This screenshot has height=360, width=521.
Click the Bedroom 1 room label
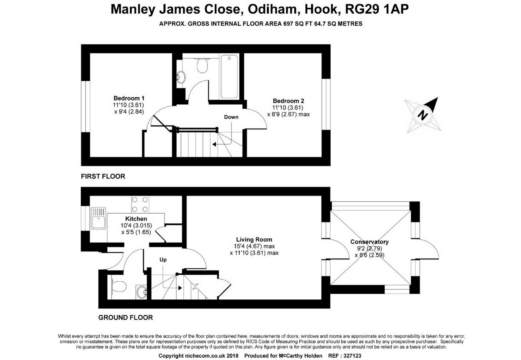click(129, 98)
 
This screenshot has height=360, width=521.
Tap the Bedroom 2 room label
click(288, 101)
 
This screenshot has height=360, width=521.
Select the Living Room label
click(254, 239)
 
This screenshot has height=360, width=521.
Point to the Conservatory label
click(369, 242)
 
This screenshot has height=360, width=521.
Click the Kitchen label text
click(136, 219)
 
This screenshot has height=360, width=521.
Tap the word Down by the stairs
click(231, 117)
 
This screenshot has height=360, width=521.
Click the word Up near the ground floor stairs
click(163, 260)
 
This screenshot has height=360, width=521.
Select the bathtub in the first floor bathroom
click(229, 76)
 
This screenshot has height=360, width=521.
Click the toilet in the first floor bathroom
click(202, 65)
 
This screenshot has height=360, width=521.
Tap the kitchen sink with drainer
click(98, 218)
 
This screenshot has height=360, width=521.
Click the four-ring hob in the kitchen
click(139, 204)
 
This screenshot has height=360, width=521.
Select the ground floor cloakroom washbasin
click(141, 291)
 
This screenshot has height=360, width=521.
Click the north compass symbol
click(423, 115)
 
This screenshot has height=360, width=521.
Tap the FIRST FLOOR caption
click(103, 176)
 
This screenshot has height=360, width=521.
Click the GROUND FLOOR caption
click(125, 318)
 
